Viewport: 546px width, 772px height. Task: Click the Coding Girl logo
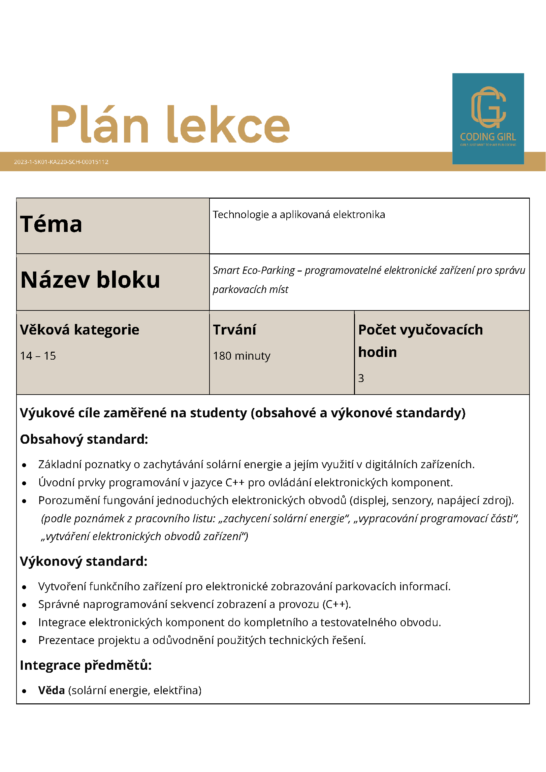click(488, 118)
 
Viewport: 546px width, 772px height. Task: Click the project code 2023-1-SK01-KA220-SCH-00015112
click(61, 162)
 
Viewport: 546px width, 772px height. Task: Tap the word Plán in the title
click(100, 124)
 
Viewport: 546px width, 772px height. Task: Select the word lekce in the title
click(228, 124)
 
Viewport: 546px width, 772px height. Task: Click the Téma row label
click(51, 224)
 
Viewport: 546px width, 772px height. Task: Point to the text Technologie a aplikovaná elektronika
click(299, 214)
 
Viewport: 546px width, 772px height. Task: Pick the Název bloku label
click(90, 280)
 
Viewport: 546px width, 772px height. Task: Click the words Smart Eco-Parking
click(253, 270)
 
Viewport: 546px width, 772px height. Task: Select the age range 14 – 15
click(38, 356)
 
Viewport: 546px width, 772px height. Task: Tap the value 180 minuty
click(241, 356)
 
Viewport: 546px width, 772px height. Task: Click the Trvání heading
click(234, 330)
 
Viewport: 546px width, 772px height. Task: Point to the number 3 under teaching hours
click(361, 378)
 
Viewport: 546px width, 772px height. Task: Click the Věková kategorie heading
click(80, 330)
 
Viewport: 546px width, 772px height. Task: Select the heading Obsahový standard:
click(84, 439)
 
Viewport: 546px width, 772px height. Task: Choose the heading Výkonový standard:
click(84, 562)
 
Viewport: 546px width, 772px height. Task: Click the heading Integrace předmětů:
click(86, 665)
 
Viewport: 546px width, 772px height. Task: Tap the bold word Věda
click(51, 690)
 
